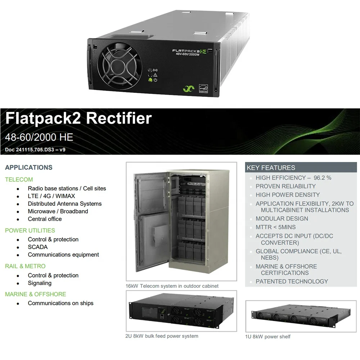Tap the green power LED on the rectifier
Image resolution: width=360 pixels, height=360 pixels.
(150, 80)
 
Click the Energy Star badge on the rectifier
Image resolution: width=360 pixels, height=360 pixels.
(203, 89)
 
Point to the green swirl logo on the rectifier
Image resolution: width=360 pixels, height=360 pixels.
(189, 89)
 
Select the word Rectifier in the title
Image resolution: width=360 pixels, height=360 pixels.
(119, 118)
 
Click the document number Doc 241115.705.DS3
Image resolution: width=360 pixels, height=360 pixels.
(30, 150)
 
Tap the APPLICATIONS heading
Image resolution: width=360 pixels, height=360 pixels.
(29, 167)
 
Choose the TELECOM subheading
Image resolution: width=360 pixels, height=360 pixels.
(19, 180)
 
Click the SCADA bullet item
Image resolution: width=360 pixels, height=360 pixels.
(38, 247)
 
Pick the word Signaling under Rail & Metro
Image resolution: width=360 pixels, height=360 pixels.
(40, 283)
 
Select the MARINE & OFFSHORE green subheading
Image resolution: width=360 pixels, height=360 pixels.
(36, 294)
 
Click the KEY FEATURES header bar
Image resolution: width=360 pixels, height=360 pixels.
(301, 167)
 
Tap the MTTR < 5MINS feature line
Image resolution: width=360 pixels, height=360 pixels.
(275, 227)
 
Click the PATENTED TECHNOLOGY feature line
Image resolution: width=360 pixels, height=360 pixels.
(292, 282)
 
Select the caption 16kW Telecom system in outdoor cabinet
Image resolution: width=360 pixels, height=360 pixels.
(172, 286)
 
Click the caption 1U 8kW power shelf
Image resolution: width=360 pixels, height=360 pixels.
(268, 337)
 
